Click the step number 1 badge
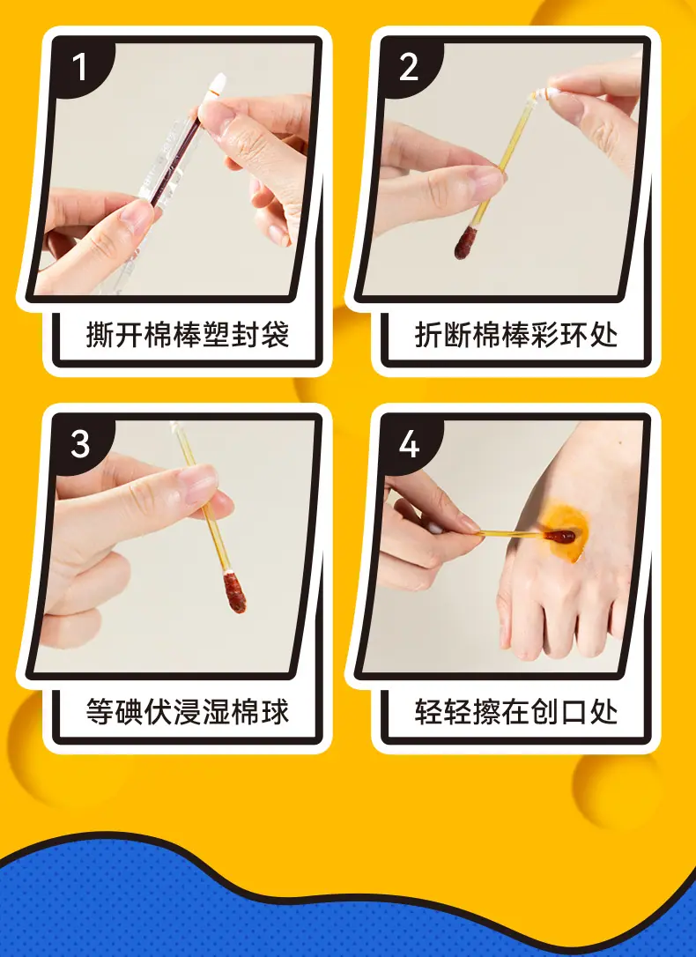coord(80,66)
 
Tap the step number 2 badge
coord(408,66)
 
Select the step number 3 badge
coord(80,443)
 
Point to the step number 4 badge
coord(408,443)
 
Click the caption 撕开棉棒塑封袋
coord(188,335)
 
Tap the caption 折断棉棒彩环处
coord(516,335)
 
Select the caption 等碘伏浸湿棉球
coord(188,712)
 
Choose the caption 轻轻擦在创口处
coord(516,712)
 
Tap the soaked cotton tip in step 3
coord(233,590)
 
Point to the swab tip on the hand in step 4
coord(560,537)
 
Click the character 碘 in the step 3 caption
coord(128,712)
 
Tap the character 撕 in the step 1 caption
coord(100,335)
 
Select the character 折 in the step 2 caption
coord(428,335)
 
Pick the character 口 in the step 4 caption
coord(574,712)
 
